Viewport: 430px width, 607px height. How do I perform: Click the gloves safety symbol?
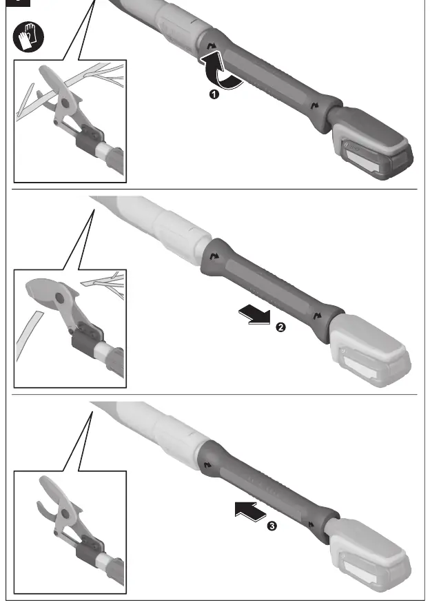[29, 37]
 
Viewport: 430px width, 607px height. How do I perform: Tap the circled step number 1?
[214, 94]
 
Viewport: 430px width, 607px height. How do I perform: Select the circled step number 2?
[280, 327]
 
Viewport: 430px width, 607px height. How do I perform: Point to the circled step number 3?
[272, 526]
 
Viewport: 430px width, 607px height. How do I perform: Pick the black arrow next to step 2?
[254, 314]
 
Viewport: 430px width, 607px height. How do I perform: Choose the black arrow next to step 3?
[250, 511]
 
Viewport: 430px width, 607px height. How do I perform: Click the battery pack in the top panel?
[371, 143]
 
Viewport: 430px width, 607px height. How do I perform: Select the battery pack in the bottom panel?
[368, 553]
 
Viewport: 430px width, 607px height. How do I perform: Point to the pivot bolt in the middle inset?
[59, 298]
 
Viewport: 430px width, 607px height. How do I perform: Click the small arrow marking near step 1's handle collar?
[212, 46]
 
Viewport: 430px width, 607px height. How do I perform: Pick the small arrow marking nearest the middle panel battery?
[318, 316]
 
